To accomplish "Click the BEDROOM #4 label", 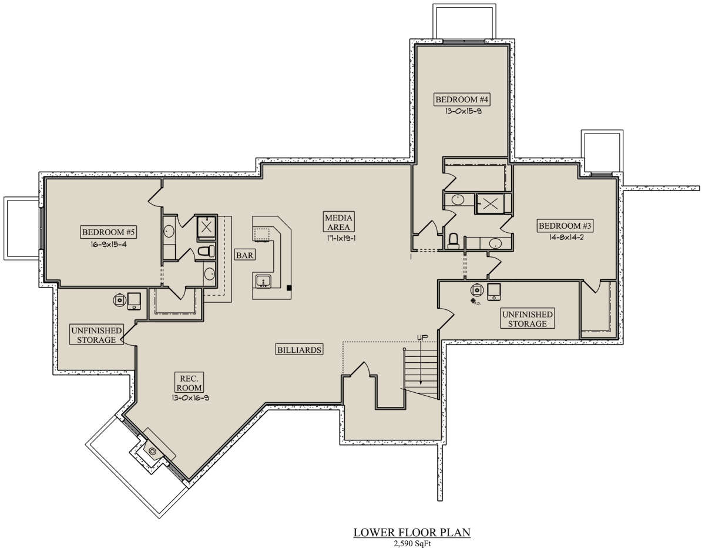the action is (x=462, y=99).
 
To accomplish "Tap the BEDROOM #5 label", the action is (x=108, y=232).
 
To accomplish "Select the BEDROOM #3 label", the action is (x=565, y=226).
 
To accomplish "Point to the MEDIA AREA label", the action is (x=338, y=222).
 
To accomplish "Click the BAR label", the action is (x=244, y=255).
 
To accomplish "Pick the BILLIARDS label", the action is (x=299, y=350).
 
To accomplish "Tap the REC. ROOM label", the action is (x=189, y=383).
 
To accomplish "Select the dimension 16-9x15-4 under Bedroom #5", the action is (x=109, y=245).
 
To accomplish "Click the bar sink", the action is (x=263, y=281).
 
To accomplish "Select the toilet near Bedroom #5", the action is (x=206, y=251).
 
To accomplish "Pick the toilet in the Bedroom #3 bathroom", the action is (x=453, y=240).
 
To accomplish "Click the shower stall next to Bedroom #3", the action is (x=490, y=204).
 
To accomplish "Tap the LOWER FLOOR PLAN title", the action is (x=412, y=533).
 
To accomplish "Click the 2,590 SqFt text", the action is (x=412, y=544).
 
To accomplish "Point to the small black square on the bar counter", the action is (x=289, y=288).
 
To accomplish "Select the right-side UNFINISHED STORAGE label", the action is (x=527, y=319).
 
